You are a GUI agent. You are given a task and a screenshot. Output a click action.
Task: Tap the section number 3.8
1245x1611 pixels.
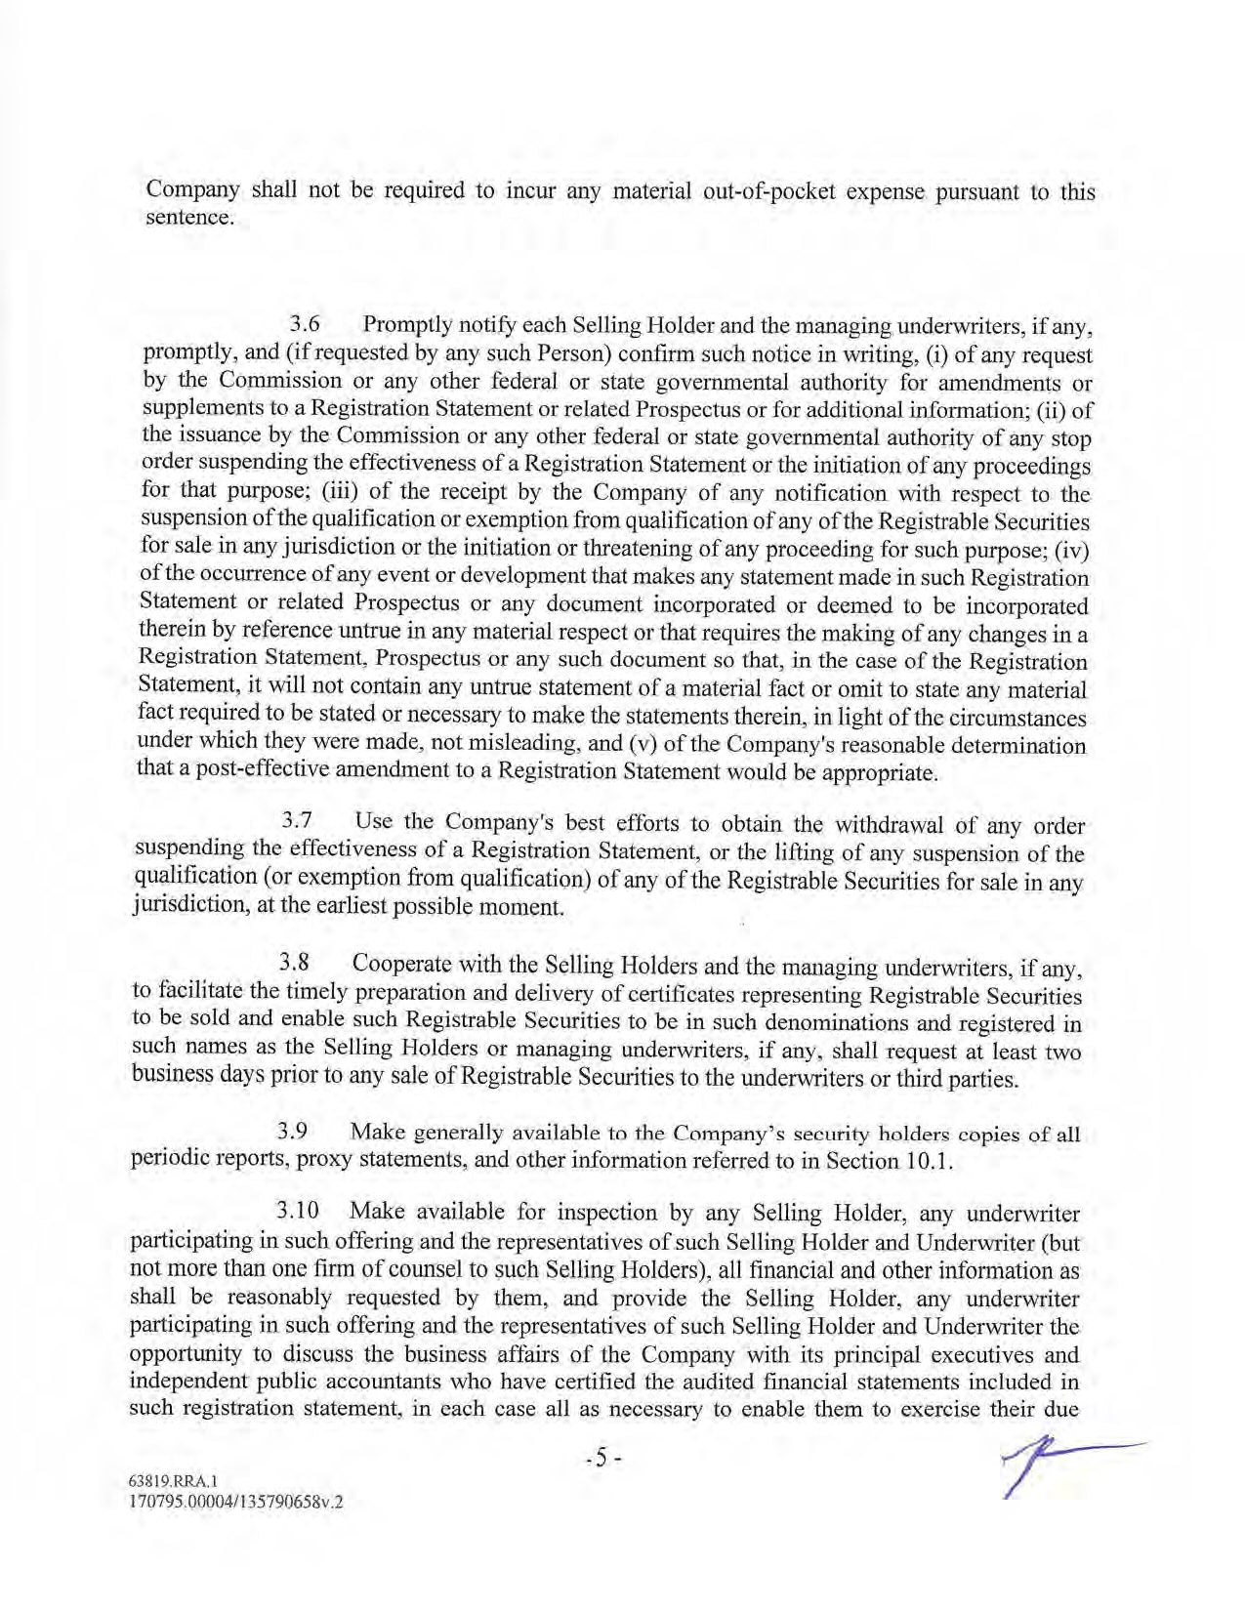[x=294, y=964]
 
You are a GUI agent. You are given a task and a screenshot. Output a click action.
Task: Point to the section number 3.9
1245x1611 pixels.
[x=292, y=1132]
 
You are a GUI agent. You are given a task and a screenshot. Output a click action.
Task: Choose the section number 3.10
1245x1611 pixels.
[x=298, y=1212]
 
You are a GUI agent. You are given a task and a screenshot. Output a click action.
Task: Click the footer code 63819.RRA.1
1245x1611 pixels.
[x=165, y=1479]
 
